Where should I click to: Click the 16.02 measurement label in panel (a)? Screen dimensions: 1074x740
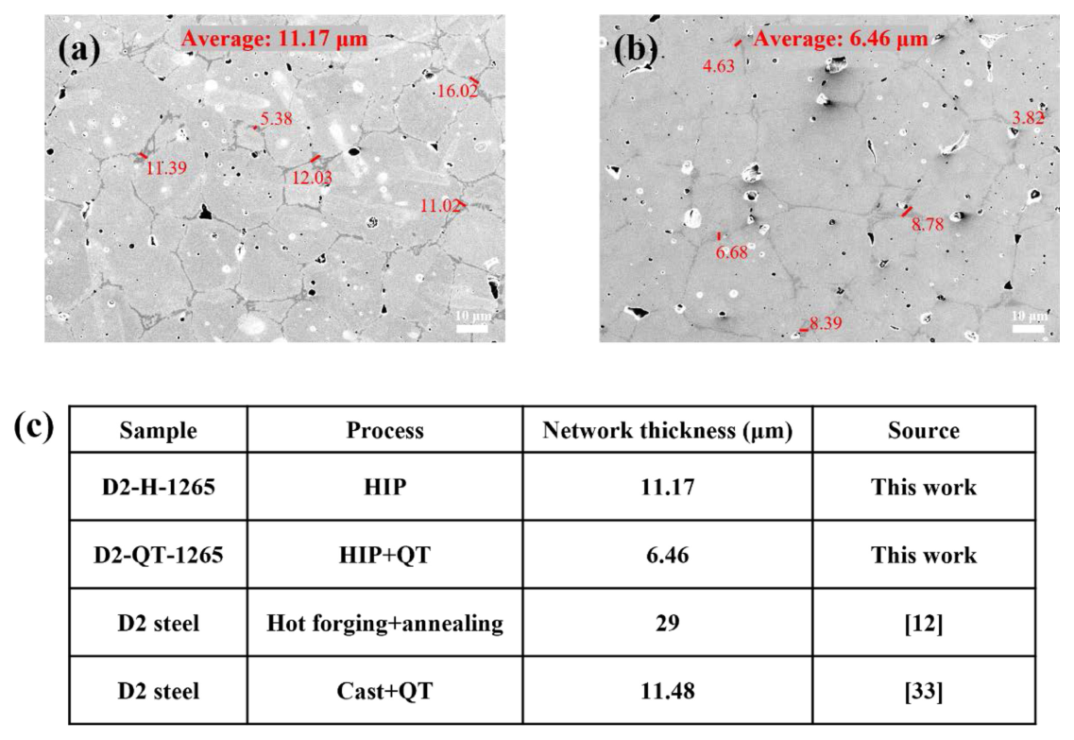coord(457,91)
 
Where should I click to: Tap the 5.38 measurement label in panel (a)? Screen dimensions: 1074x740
coord(276,118)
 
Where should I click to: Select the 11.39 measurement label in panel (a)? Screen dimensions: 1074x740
coord(166,168)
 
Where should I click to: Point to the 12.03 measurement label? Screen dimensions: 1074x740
coord(313,178)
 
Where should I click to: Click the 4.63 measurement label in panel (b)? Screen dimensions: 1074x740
coord(719,66)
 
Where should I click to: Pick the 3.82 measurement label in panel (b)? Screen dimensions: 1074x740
coord(1028,118)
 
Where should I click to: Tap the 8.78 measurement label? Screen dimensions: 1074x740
coord(928,224)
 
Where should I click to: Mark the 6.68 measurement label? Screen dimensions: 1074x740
coord(731,253)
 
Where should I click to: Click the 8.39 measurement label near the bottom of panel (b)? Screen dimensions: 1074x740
coord(826,323)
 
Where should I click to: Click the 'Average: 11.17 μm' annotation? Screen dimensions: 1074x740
coord(274,39)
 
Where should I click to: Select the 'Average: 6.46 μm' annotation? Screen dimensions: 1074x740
coord(841,39)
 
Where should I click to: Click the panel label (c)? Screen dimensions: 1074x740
coord(34,427)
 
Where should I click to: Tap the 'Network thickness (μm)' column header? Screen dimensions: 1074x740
coord(667,430)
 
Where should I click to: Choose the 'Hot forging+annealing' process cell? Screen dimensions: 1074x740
coord(385,624)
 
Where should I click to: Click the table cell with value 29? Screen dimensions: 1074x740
coord(667,623)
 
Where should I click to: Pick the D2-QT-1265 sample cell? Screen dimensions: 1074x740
coord(159,555)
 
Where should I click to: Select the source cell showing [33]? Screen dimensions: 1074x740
coord(923,691)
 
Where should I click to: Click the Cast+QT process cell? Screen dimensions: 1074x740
coord(385,691)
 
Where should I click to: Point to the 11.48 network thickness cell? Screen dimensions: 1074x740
coord(667,691)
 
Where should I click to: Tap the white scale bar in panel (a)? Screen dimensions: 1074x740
coord(472,328)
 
